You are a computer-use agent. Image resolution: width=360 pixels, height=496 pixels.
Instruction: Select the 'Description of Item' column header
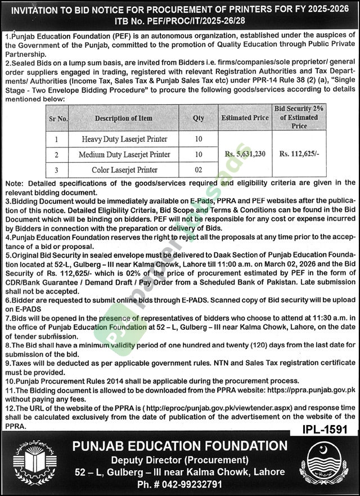pos(123,118)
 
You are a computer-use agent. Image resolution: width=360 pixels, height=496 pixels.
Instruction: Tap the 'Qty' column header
pos(199,118)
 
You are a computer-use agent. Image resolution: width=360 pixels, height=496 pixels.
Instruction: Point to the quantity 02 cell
pos(199,169)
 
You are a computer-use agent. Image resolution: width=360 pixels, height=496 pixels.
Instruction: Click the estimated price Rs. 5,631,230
pos(244,154)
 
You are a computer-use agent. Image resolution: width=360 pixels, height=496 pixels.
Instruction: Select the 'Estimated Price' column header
pos(244,118)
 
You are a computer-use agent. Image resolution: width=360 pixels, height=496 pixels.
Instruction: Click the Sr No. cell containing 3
pos(56,169)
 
